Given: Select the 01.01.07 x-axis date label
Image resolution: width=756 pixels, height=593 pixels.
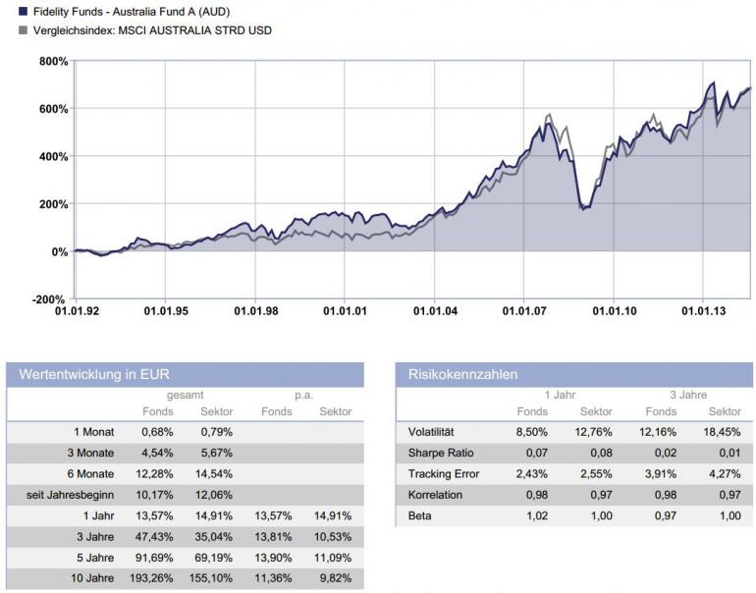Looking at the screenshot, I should click(x=523, y=312).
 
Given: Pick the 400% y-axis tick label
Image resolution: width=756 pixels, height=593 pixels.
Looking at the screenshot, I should click(x=52, y=157).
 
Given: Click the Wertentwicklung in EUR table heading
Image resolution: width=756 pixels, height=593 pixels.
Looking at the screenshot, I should click(x=88, y=375).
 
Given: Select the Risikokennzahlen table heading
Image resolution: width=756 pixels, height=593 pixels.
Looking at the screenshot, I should click(x=463, y=375).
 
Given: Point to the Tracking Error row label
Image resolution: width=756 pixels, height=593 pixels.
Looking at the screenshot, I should click(x=443, y=474).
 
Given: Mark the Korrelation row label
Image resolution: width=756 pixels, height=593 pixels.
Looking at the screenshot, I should click(x=435, y=495).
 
